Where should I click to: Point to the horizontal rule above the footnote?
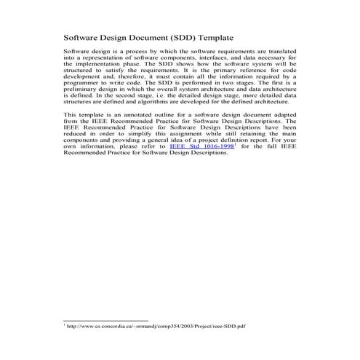[105, 321]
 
